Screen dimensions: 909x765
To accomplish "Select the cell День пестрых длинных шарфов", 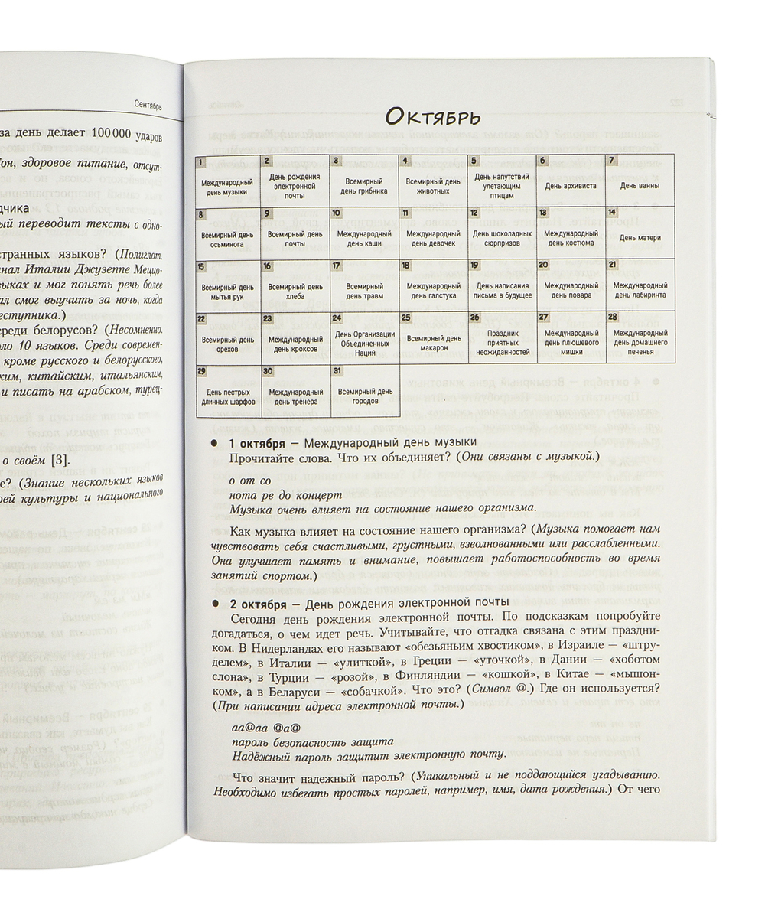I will [x=227, y=390].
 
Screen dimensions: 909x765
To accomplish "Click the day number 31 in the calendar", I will [x=337, y=370].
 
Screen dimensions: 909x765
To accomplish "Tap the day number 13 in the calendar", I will [x=542, y=213].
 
